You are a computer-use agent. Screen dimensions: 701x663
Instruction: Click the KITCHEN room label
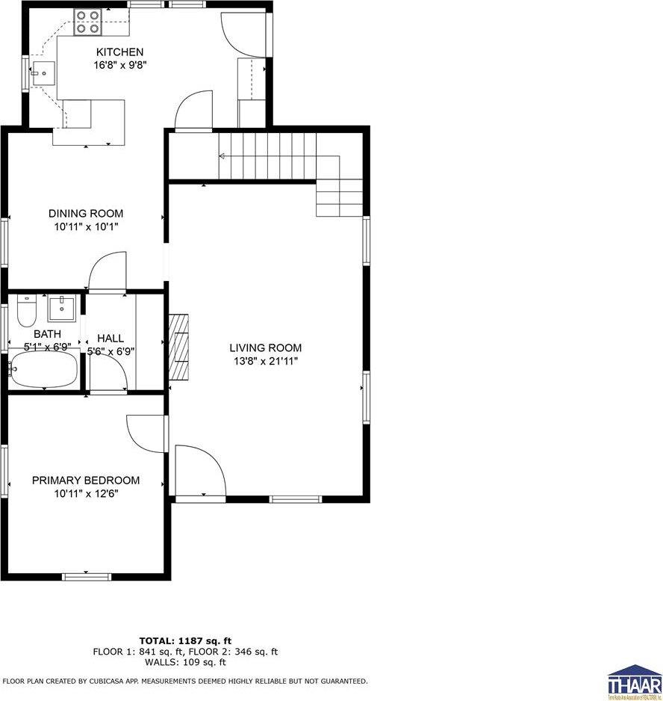(119, 52)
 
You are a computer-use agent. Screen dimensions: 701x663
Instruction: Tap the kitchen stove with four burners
(87, 24)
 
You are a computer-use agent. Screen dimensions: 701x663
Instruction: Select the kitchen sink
(42, 74)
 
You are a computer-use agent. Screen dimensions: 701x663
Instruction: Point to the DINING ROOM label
(86, 214)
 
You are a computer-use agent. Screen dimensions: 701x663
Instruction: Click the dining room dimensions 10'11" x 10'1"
(86, 226)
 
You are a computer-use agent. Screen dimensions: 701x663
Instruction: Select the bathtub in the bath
(43, 370)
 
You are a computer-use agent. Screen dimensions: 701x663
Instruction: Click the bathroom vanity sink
(62, 306)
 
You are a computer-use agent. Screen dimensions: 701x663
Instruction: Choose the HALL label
(110, 339)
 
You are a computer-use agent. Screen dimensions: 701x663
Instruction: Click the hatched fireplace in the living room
(180, 348)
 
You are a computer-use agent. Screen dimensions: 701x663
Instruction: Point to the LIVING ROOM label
(265, 348)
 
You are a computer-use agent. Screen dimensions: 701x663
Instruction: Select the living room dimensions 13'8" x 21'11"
(265, 361)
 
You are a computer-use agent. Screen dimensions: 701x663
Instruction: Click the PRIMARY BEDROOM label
(86, 481)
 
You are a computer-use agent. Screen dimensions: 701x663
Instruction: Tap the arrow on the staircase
(222, 156)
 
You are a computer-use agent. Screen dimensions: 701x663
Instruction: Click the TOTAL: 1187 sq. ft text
(185, 640)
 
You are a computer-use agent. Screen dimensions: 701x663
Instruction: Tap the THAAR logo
(634, 681)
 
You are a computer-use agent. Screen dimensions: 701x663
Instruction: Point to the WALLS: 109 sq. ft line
(185, 661)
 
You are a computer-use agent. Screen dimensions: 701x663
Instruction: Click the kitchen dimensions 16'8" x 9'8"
(119, 65)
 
